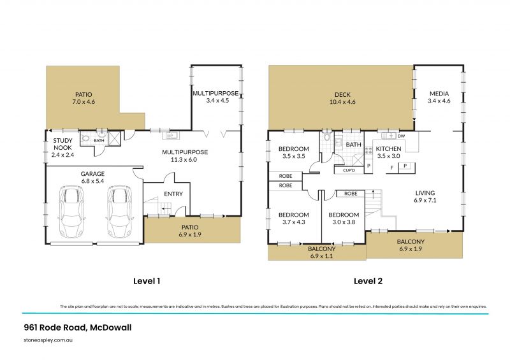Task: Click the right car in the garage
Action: point(119,211)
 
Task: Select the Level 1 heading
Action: point(147,280)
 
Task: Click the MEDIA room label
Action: point(439,96)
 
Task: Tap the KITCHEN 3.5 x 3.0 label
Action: point(389,152)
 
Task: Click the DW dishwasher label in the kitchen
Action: point(401,136)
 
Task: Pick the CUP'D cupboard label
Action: point(349,170)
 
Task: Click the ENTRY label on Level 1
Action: point(173,194)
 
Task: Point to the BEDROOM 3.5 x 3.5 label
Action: point(294,152)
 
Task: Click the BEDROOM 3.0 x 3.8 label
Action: point(344,219)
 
